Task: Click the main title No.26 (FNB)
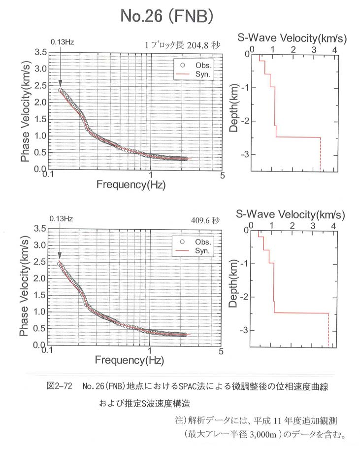166,16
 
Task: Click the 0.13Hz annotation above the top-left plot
62,42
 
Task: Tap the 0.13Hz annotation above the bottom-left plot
61,219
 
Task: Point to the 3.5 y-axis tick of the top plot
41,52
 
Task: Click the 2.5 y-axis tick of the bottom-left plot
39,262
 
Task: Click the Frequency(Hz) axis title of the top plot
131,184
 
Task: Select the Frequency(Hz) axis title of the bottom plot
130,360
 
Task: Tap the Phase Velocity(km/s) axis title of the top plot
25,112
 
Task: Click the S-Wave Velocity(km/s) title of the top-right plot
292,38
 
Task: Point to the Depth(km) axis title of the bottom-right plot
233,283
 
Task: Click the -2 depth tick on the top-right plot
245,121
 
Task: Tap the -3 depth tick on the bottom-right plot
244,330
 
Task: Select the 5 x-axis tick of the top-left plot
222,175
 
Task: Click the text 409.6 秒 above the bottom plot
205,220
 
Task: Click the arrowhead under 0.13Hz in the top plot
60,83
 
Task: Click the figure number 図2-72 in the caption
60,386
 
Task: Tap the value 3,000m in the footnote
263,434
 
